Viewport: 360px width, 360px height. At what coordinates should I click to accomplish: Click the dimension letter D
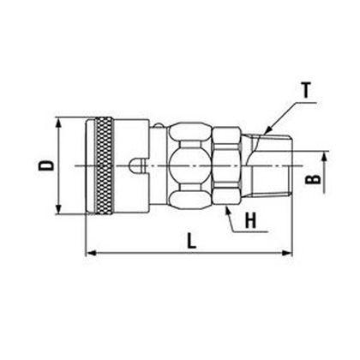(x=46, y=165)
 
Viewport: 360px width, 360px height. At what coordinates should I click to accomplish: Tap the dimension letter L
(x=192, y=241)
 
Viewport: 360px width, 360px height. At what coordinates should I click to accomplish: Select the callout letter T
(x=306, y=90)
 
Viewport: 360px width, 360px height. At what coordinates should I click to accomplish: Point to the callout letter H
(x=251, y=220)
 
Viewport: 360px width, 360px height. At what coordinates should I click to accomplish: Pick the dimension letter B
(x=313, y=179)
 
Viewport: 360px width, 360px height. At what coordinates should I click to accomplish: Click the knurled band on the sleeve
(x=105, y=165)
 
